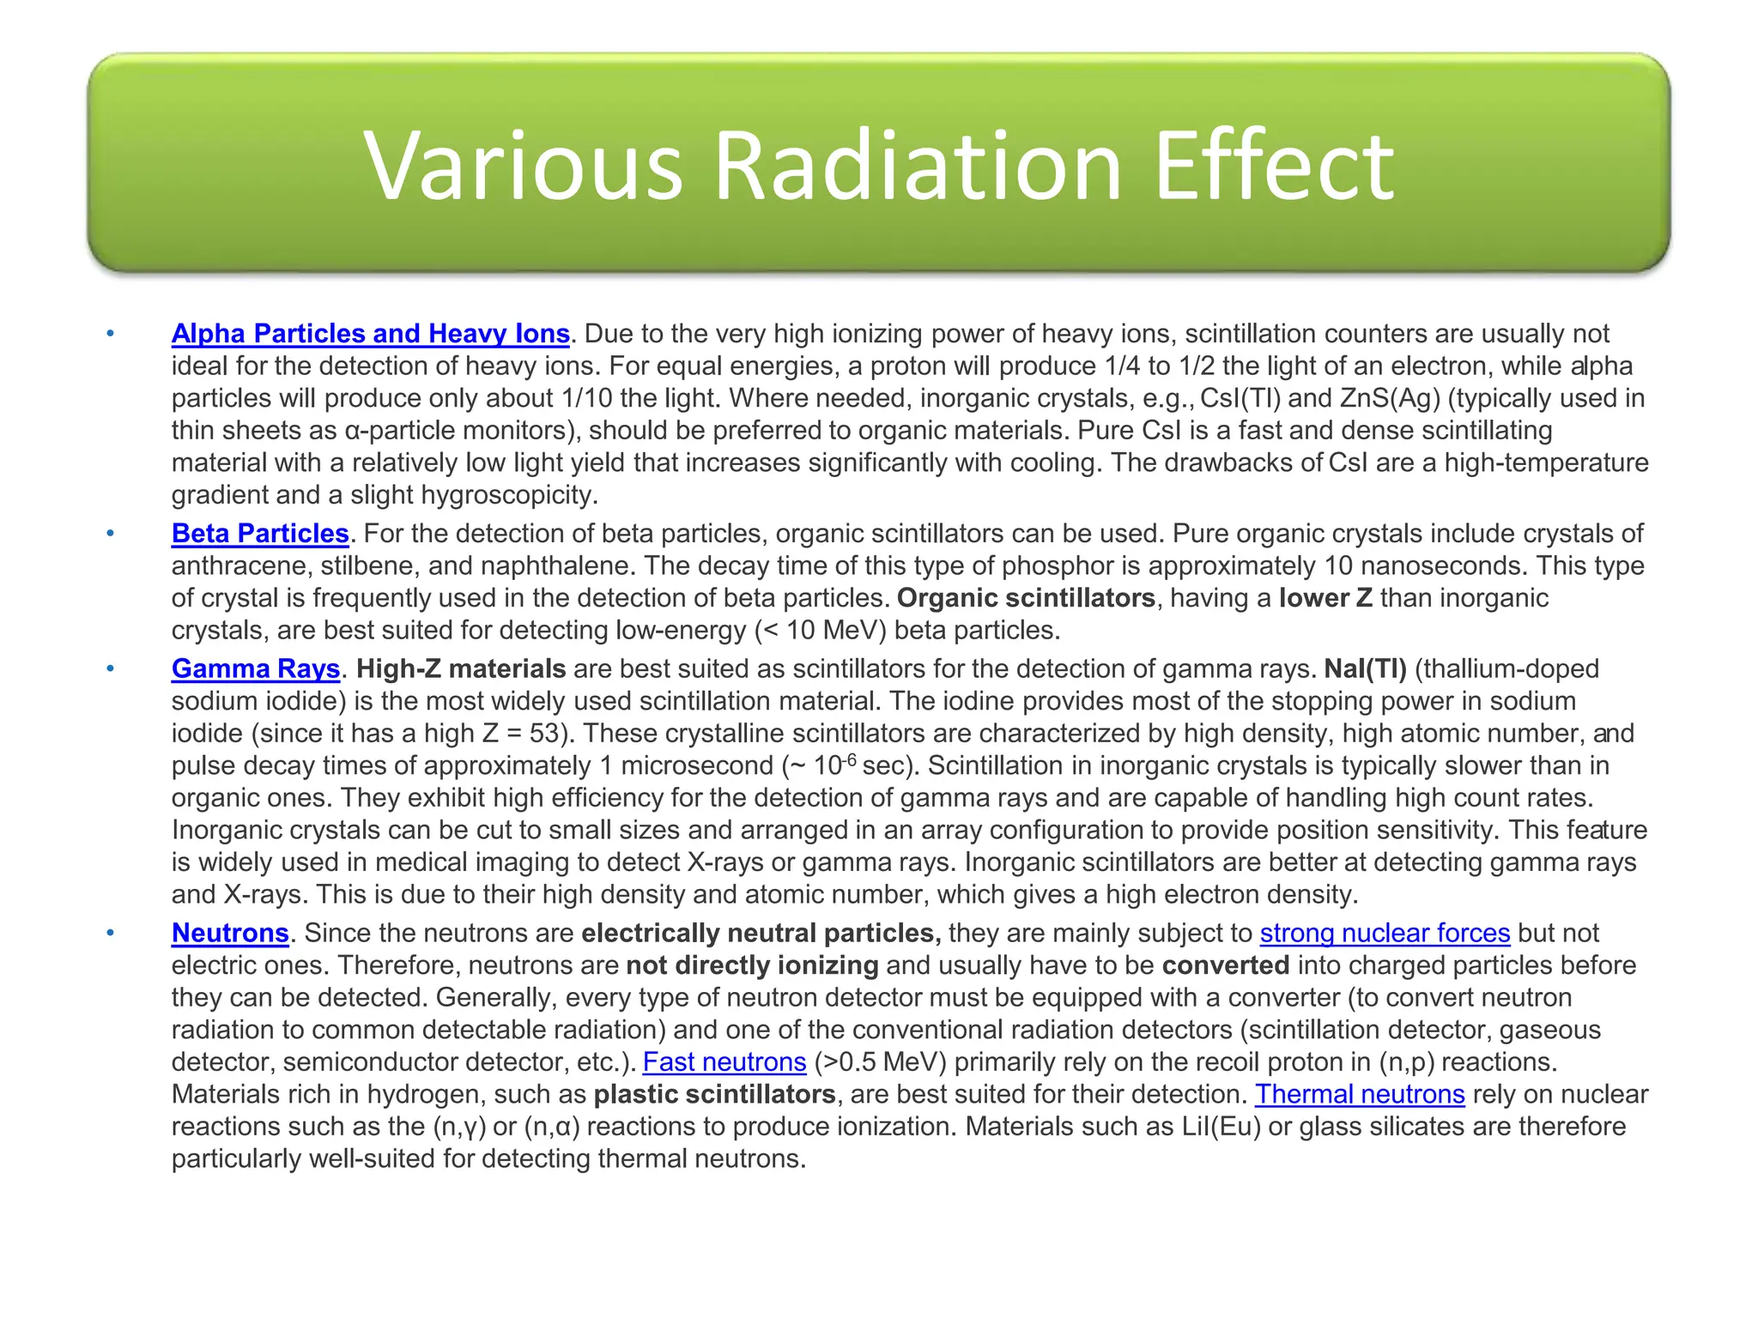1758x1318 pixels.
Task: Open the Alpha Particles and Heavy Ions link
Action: [370, 334]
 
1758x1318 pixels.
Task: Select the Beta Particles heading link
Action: [260, 534]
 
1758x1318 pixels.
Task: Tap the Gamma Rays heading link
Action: [256, 669]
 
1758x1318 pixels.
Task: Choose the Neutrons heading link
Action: [230, 934]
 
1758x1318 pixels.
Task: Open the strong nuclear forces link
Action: [1385, 934]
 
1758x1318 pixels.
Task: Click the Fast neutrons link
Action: [724, 1062]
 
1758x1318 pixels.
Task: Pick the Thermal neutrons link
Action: [1360, 1095]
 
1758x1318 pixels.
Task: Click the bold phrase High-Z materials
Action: [461, 669]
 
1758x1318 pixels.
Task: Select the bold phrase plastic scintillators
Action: [714, 1095]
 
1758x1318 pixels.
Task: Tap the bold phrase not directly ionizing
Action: [752, 966]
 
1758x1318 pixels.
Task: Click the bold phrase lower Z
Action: [1325, 598]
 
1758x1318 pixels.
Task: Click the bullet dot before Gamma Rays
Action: [110, 668]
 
